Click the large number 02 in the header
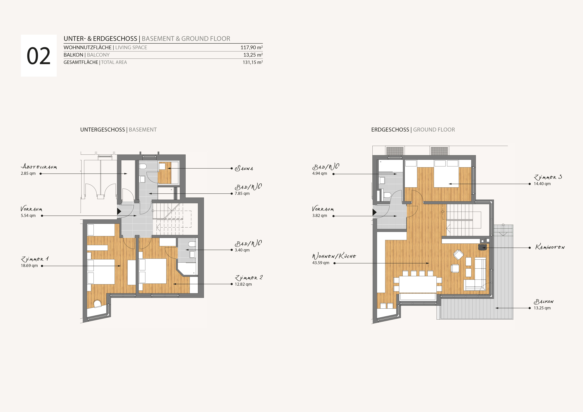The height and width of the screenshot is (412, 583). click(x=39, y=56)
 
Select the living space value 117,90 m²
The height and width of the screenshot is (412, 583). click(x=251, y=47)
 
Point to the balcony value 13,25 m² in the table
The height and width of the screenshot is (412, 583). click(x=253, y=55)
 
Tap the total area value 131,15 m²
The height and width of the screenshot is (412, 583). click(x=253, y=62)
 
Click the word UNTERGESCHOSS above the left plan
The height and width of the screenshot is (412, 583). click(x=103, y=130)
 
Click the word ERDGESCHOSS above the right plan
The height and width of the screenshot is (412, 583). click(x=390, y=130)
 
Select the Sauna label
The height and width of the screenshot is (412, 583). click(x=244, y=168)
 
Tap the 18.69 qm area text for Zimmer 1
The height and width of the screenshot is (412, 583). click(x=29, y=266)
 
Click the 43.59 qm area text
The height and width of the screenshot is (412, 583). click(x=321, y=263)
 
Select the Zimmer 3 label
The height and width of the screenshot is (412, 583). click(x=548, y=177)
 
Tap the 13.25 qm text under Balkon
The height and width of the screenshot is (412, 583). click(x=542, y=308)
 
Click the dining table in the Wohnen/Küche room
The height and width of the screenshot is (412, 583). click(x=418, y=284)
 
